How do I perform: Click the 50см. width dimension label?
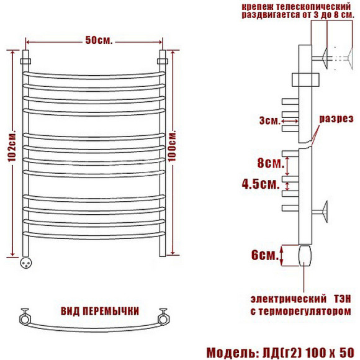click(99, 40)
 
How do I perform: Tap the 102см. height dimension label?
click(12, 146)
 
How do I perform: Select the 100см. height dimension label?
click(172, 146)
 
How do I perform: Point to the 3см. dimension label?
click(270, 120)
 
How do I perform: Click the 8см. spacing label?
click(271, 163)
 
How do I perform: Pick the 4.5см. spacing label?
click(261, 184)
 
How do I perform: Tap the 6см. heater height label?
click(265, 255)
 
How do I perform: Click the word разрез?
click(336, 119)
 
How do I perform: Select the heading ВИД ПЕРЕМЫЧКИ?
click(100, 311)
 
